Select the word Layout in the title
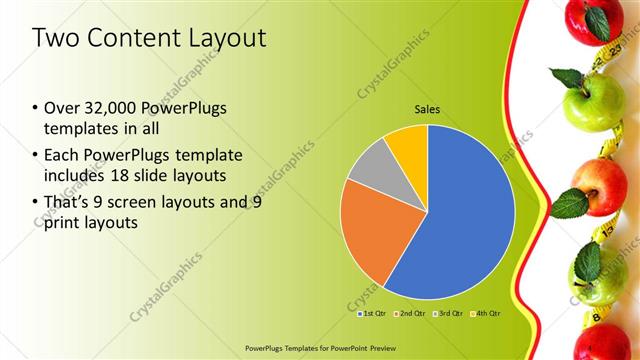click(x=228, y=39)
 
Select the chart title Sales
click(x=427, y=109)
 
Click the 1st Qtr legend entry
click(x=371, y=313)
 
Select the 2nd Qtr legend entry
click(x=411, y=313)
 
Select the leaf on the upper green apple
click(x=567, y=77)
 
